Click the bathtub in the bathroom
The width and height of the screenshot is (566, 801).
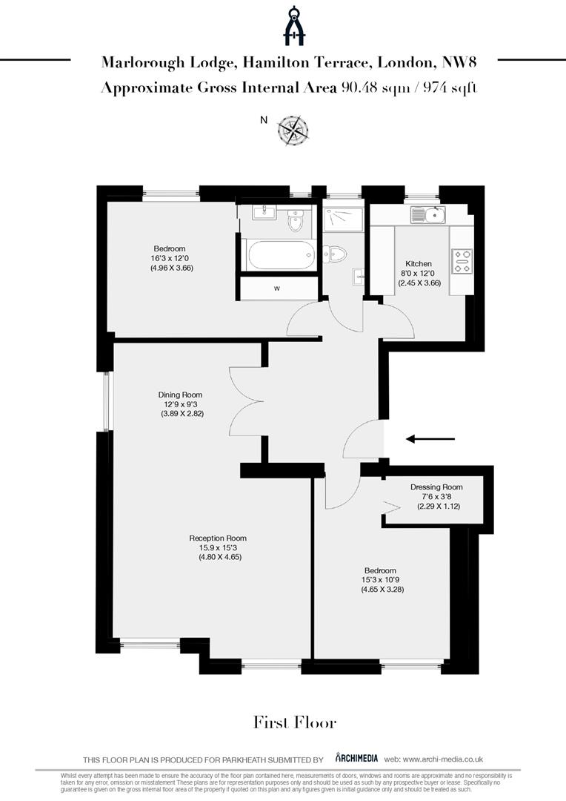pos(279,256)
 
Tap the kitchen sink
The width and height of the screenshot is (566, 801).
pos(429,216)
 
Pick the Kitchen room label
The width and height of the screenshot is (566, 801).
pos(418,264)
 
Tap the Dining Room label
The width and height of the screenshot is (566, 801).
pos(180,395)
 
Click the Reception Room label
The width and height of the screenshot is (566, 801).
pos(218,538)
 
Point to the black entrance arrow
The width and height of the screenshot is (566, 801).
pos(430,439)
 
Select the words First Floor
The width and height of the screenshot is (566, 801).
pos(295,722)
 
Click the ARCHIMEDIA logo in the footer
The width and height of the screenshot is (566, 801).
pos(357,758)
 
